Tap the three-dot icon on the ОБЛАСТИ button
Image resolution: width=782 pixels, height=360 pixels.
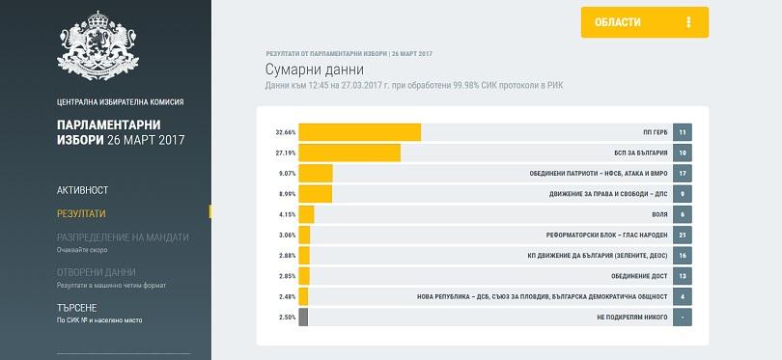coord(688,22)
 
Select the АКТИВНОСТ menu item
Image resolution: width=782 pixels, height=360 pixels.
coord(83,190)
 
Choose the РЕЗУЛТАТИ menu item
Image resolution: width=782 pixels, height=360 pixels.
coord(81,213)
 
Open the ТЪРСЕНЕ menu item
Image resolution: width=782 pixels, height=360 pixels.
coord(77,308)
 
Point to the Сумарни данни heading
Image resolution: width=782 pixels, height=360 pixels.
coord(314,69)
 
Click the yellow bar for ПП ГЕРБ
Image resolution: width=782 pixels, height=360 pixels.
coord(359,132)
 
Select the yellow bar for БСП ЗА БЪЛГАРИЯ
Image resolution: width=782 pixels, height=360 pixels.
coord(349,152)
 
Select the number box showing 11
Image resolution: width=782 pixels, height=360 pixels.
coord(682,132)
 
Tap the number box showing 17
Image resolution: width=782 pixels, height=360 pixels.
coord(682,174)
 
